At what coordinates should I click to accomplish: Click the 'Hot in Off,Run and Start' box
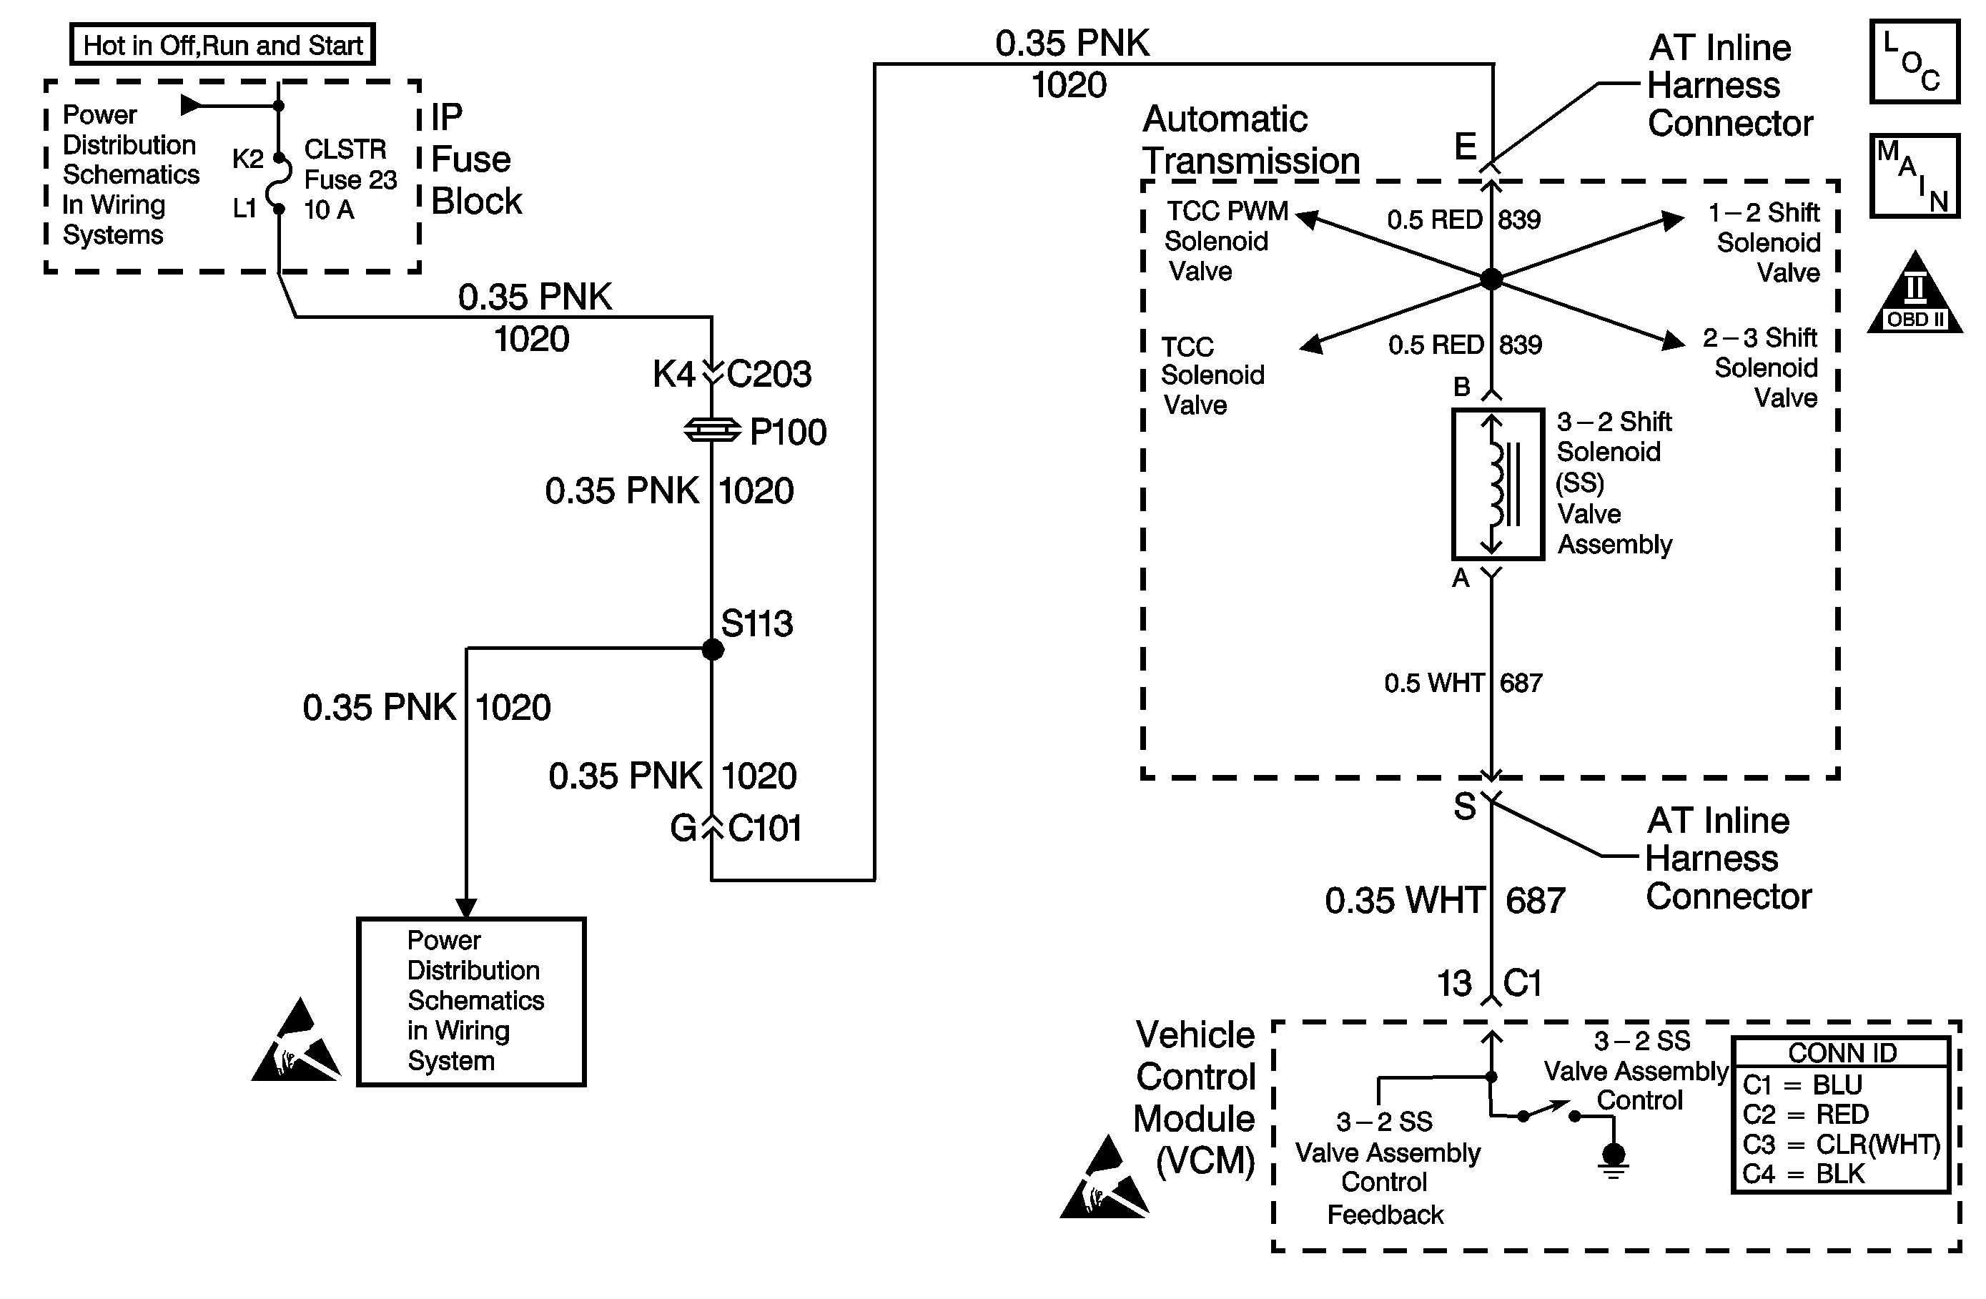tap(223, 44)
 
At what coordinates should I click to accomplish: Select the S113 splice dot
tap(713, 649)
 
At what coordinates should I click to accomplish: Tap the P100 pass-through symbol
tap(712, 430)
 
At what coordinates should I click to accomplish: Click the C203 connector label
tap(769, 374)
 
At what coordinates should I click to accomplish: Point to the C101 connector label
tap(764, 829)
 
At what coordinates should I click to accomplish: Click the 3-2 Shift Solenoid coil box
tap(1497, 484)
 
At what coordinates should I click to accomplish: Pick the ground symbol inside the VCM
tap(1614, 1160)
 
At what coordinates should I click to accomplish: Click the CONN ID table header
tap(1842, 1053)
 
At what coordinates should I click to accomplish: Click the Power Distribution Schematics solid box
tap(471, 1001)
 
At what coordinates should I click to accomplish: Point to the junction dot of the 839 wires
tap(1491, 279)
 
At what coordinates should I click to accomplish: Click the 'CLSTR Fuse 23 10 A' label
tap(349, 179)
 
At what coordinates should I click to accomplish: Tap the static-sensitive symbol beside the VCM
tap(1104, 1178)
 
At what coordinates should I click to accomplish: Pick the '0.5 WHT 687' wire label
tap(1463, 683)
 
